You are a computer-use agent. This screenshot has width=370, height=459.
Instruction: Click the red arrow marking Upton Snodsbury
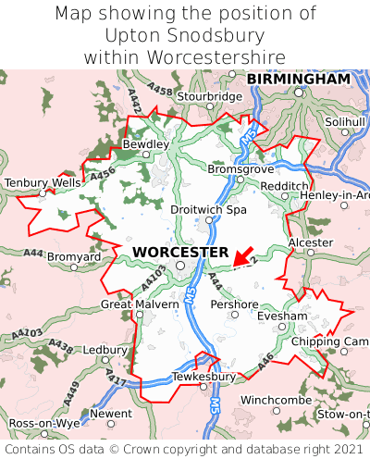point(242,255)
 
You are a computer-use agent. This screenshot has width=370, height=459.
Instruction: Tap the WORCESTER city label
point(180,252)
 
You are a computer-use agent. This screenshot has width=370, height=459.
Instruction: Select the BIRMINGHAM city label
point(299,80)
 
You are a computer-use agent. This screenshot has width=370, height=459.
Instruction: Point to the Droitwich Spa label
point(209,210)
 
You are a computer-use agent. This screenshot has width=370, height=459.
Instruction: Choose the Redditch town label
point(285,186)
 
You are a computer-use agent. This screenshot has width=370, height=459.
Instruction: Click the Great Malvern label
point(140,304)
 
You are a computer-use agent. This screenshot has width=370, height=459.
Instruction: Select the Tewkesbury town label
point(203,377)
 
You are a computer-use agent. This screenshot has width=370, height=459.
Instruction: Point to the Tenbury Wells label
point(43,183)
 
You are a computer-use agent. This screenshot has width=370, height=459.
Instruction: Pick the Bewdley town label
point(146,145)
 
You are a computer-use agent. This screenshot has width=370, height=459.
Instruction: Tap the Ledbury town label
point(105,351)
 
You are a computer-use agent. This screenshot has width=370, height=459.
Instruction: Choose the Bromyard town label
point(74,255)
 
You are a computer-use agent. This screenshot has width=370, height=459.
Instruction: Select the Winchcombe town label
point(277,400)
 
